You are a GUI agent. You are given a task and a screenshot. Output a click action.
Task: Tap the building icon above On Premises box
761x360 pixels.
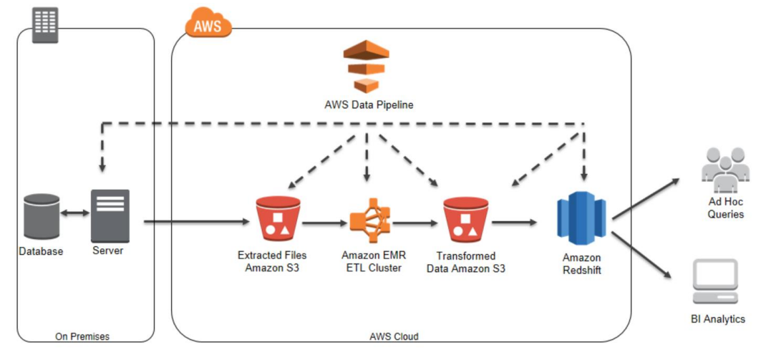(x=45, y=25)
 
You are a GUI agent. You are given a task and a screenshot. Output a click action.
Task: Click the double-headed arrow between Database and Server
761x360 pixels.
(x=74, y=213)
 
